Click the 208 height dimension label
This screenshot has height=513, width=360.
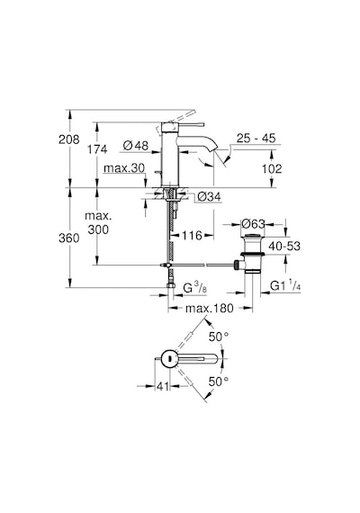pyautogui.click(x=69, y=139)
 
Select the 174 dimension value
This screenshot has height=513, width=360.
pyautogui.click(x=97, y=149)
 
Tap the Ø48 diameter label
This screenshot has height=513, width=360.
pyautogui.click(x=136, y=145)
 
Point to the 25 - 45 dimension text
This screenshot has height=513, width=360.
pyautogui.click(x=256, y=138)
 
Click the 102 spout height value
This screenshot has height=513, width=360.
pyautogui.click(x=272, y=169)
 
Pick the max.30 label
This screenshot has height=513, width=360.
pyautogui.click(x=124, y=168)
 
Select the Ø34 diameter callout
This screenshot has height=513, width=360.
pyautogui.click(x=210, y=197)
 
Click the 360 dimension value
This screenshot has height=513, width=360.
pyautogui.click(x=69, y=238)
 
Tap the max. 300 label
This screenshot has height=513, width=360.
pyautogui.click(x=98, y=223)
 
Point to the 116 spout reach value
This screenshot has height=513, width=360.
pyautogui.click(x=192, y=235)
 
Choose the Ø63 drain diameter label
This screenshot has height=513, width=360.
pyautogui.click(x=253, y=224)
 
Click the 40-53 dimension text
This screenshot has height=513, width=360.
pyautogui.click(x=284, y=246)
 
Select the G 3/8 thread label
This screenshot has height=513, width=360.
pyautogui.click(x=194, y=288)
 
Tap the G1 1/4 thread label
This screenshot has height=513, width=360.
pyautogui.click(x=285, y=286)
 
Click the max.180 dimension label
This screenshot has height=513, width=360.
pyautogui.click(x=210, y=308)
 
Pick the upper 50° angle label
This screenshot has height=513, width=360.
pyautogui.click(x=219, y=337)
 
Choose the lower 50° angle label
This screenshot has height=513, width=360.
pyautogui.click(x=219, y=382)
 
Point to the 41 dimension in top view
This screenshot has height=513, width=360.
pyautogui.click(x=163, y=386)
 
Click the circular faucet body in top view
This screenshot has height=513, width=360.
pyautogui.click(x=169, y=358)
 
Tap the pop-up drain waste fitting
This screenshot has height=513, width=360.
pyautogui.click(x=252, y=254)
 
